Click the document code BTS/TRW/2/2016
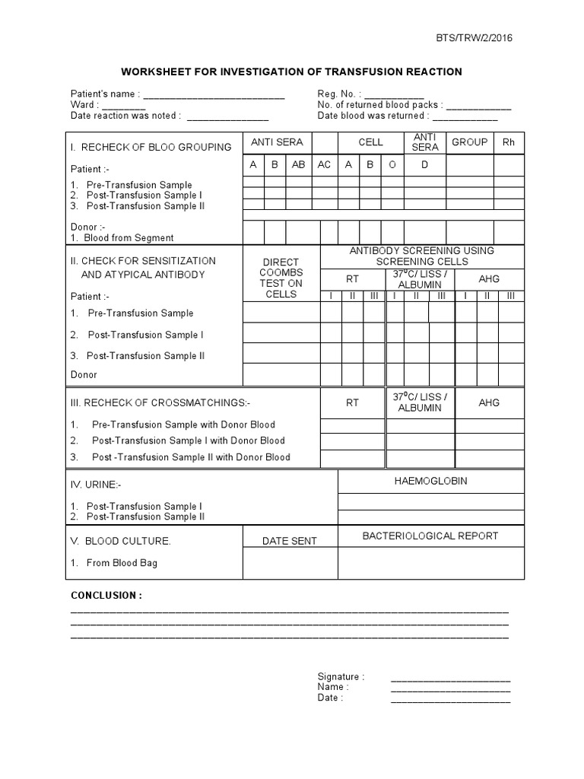(x=469, y=38)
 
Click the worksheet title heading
(x=291, y=72)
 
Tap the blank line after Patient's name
(x=214, y=95)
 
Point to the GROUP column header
(x=469, y=142)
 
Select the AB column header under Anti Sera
(x=298, y=165)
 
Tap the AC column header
(x=325, y=165)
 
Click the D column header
(x=424, y=165)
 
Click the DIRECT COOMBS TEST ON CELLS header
(x=281, y=278)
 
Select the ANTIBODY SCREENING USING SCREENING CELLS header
(x=421, y=256)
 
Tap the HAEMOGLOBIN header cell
(x=430, y=481)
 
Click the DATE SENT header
(x=290, y=541)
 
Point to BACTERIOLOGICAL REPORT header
(x=430, y=536)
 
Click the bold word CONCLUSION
(x=106, y=595)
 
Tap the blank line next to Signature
(x=450, y=677)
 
